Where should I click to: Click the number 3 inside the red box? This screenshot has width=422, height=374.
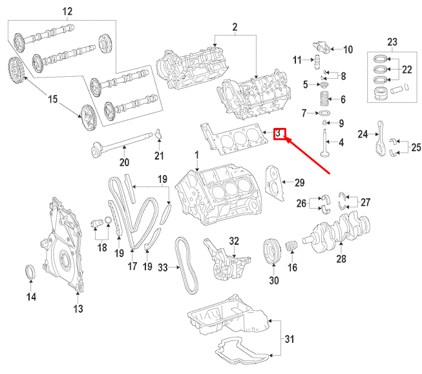(279, 134)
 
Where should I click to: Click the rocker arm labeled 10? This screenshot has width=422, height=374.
(323, 47)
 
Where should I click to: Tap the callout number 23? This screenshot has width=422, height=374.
(390, 43)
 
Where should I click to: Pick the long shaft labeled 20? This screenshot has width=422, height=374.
(123, 144)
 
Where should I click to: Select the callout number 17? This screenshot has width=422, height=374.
(133, 265)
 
